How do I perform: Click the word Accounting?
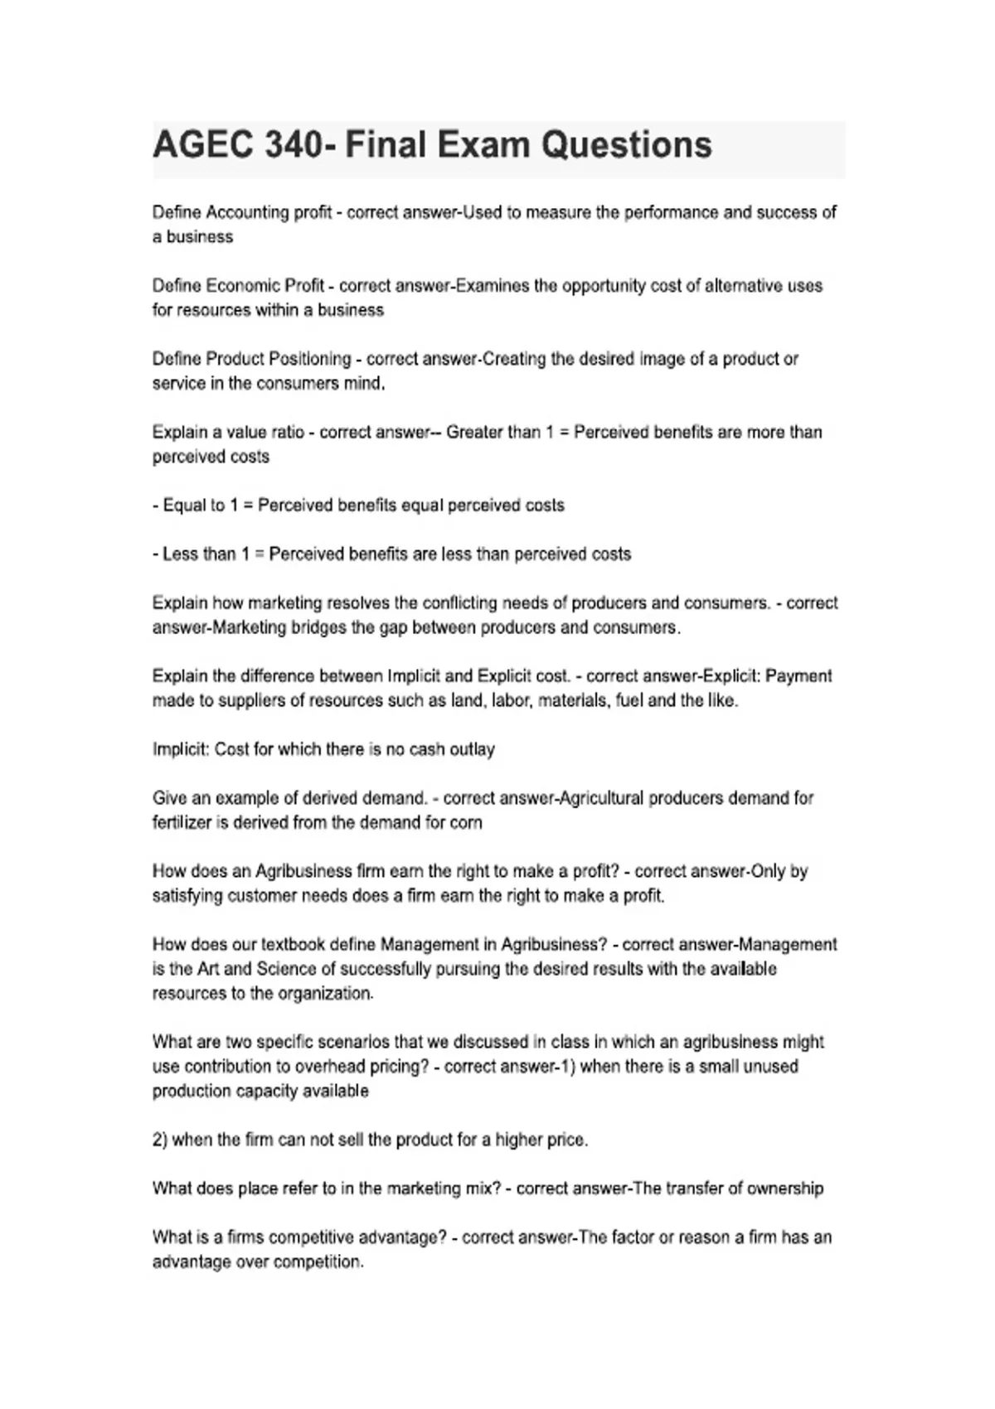pyautogui.click(x=247, y=212)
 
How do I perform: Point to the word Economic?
pyautogui.click(x=242, y=286)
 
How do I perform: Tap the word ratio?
pyautogui.click(x=287, y=432)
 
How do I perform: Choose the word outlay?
pyautogui.click(x=472, y=749)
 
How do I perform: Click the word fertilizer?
pyautogui.click(x=182, y=822)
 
